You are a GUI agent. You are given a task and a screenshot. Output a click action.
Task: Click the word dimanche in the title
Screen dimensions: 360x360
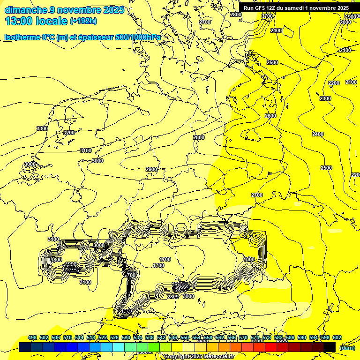pyautogui.click(x=26, y=9)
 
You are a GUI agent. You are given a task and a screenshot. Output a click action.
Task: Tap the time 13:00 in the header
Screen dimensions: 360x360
pyautogui.click(x=20, y=21)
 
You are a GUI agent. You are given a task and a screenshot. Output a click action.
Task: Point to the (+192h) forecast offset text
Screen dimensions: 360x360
pyautogui.click(x=83, y=21)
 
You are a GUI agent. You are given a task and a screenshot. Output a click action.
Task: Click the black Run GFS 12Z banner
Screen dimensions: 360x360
pyautogui.click(x=296, y=8)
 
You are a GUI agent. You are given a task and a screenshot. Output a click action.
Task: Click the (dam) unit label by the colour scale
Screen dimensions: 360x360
pyautogui.click(x=346, y=347)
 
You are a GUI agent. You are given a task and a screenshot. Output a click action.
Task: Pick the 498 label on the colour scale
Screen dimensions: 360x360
pyautogui.click(x=32, y=338)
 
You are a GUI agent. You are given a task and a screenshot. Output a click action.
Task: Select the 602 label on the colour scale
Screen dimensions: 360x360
pyautogui.click(x=337, y=338)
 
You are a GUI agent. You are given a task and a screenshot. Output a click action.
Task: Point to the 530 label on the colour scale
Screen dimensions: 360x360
pyautogui.click(x=126, y=338)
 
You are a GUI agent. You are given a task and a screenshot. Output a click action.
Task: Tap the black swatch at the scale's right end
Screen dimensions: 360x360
pyautogui.click(x=329, y=347)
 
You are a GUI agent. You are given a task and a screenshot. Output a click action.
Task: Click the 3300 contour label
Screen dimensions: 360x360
pyautogui.click(x=42, y=128)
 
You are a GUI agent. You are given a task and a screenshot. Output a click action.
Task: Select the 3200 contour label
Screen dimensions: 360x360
pyautogui.click(x=69, y=133)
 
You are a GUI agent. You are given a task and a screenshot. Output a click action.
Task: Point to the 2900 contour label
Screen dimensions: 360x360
pyautogui.click(x=151, y=169)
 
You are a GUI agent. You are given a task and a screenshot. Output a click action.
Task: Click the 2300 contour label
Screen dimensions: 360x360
pyautogui.click(x=325, y=98)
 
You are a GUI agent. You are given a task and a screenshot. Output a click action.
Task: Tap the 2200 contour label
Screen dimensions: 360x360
pyautogui.click(x=333, y=83)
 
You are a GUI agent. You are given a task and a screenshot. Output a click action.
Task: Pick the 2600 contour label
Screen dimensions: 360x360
pyautogui.click(x=270, y=116)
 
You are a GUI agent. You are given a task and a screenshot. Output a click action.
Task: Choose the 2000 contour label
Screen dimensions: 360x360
pyautogui.click(x=345, y=22)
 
